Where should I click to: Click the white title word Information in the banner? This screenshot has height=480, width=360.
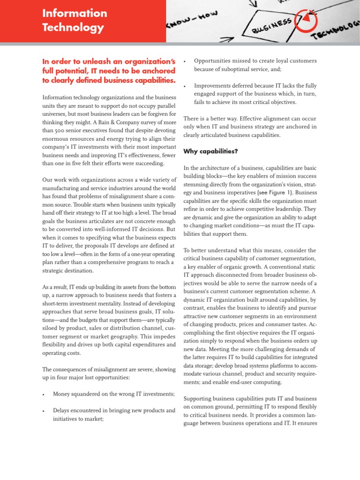pyautogui.click(x=75, y=13)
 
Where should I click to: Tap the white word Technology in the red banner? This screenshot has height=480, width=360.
pyautogui.click(x=73, y=28)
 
